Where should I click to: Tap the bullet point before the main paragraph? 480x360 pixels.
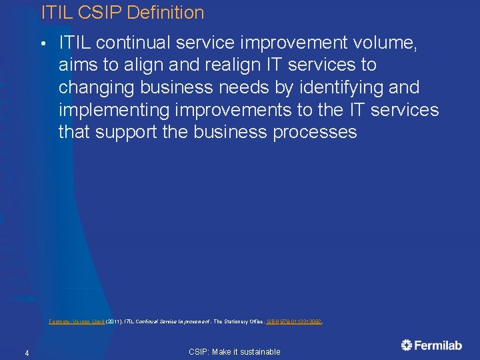tap(42, 44)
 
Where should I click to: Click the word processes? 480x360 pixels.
tap(315, 132)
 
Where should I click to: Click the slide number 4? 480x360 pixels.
tap(26, 352)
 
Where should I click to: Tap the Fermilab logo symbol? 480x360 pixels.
tap(407, 345)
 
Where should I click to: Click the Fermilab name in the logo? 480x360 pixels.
tap(439, 345)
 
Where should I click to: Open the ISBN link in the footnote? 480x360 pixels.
tap(294, 321)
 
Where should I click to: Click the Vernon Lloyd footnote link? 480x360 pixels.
tap(86, 321)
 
